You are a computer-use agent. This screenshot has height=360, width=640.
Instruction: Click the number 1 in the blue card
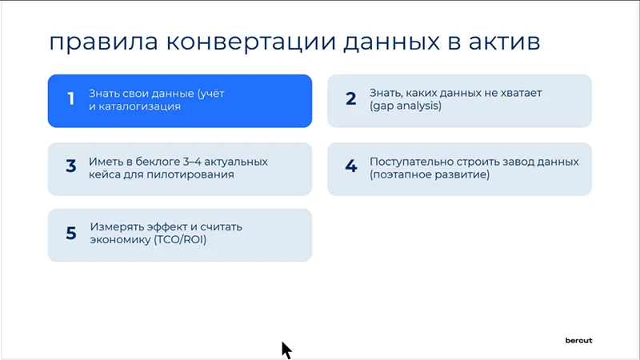pos(70,100)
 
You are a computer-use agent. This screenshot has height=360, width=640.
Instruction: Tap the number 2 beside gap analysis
pos(350,100)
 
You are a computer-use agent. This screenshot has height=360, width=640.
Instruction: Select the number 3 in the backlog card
pos(70,167)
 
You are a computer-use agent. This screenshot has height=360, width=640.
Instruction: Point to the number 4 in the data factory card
pos(350,167)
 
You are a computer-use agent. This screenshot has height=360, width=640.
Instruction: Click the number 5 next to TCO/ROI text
pos(70,234)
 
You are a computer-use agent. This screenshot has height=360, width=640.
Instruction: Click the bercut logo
pos(579,340)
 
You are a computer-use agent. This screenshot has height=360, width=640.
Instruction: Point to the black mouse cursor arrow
pos(286,350)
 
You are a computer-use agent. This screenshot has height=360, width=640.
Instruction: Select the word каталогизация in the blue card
pos(139,106)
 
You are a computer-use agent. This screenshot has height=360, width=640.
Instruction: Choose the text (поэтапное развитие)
pos(429,174)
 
